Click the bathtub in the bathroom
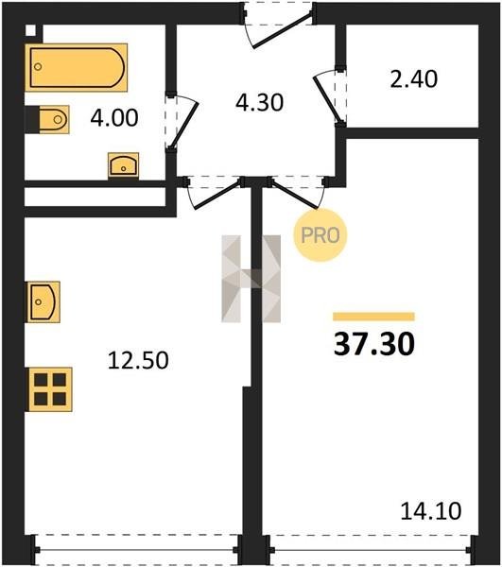point(76,68)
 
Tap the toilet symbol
point(47,119)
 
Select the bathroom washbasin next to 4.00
point(123,165)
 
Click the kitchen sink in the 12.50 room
point(43,302)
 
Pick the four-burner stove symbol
point(49,389)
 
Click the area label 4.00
point(114,118)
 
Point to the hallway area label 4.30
point(259,102)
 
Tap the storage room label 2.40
point(414,78)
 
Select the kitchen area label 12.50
point(138,360)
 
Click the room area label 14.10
point(431,511)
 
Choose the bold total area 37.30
point(374,344)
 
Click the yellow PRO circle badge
point(320,235)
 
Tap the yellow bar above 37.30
point(374,317)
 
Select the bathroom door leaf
point(184,126)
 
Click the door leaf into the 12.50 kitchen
point(217,195)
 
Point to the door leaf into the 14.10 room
point(294,194)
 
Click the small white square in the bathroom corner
point(31,31)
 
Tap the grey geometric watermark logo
point(251,279)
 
